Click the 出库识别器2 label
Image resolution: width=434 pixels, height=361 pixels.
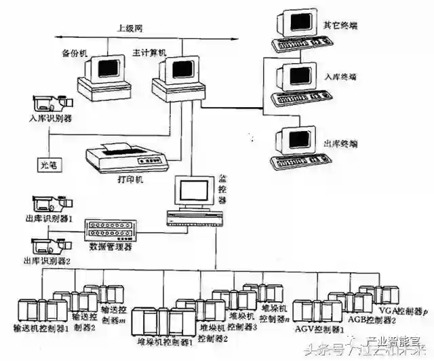pos(49,261)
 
